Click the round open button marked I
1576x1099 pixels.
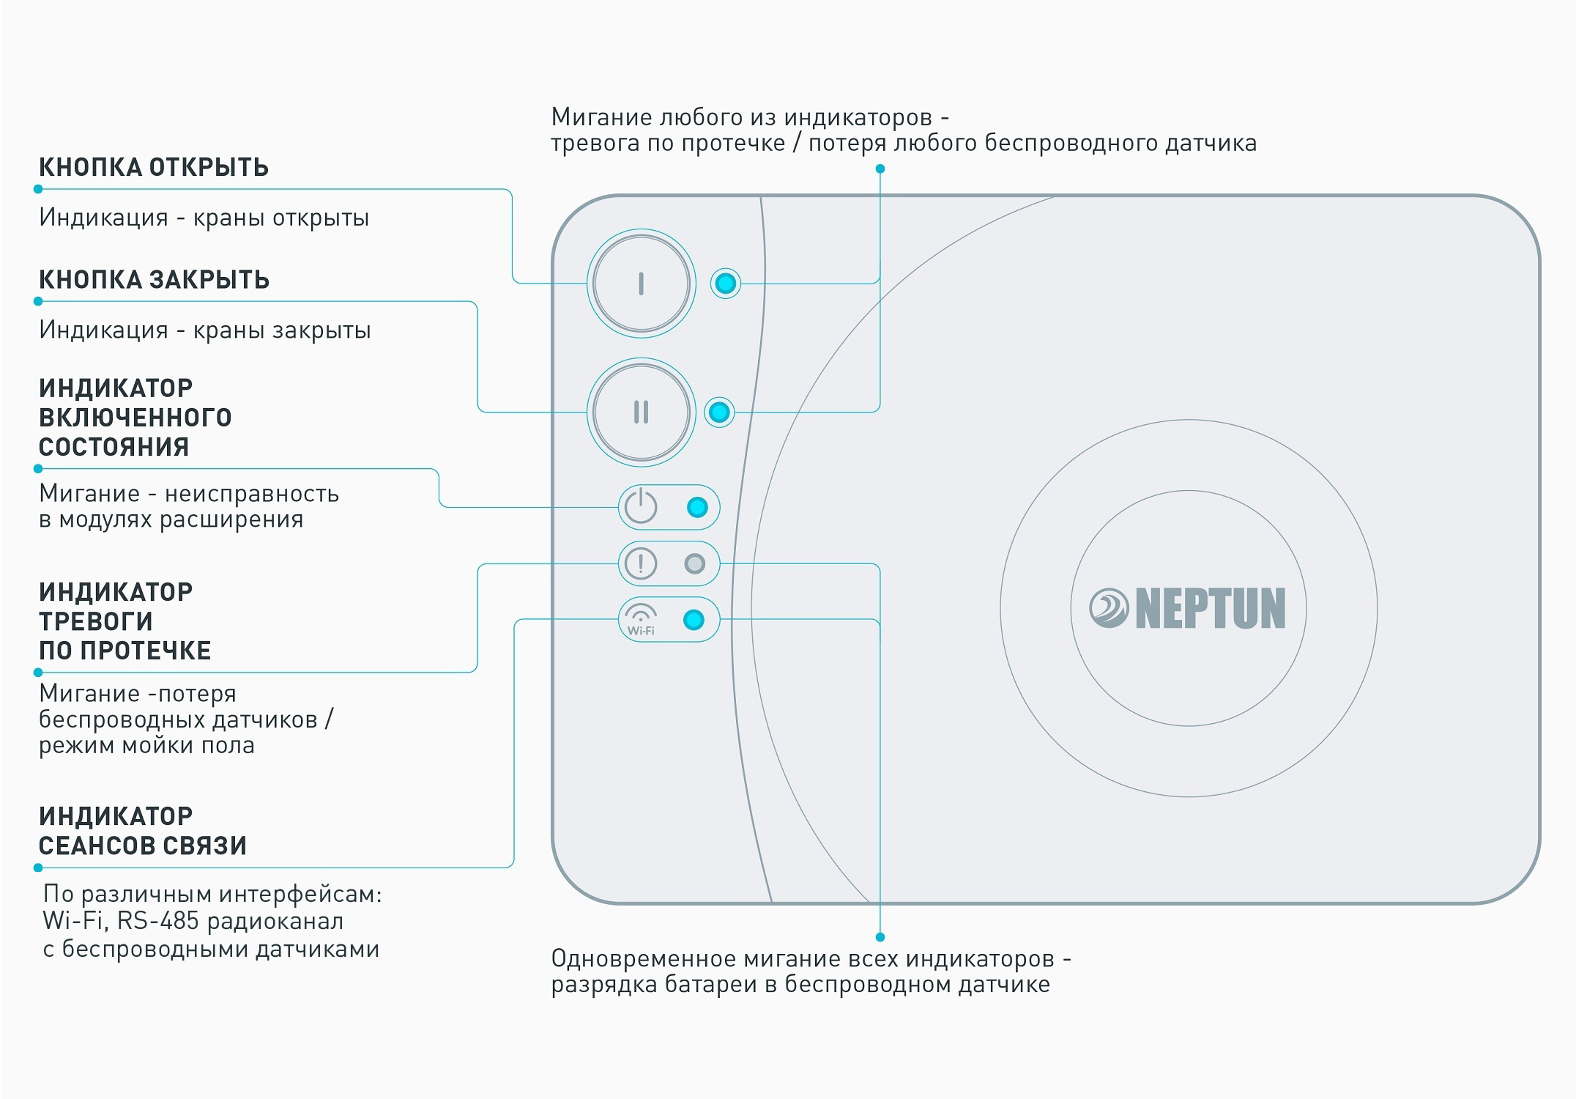tap(641, 284)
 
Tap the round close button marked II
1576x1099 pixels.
tap(641, 412)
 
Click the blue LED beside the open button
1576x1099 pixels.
tap(726, 283)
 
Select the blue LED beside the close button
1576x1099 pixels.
tap(719, 412)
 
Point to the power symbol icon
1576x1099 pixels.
tap(641, 506)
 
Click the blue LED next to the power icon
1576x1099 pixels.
tap(697, 507)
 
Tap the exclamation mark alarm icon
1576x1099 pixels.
tap(641, 563)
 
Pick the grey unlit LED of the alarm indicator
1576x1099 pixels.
tap(694, 563)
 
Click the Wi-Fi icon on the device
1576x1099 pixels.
tap(641, 620)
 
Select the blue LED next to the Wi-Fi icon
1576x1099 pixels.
tap(694, 620)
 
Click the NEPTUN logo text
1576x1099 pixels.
tap(1210, 608)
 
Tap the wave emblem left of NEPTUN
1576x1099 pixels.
tap(1108, 608)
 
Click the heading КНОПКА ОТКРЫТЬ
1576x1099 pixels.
tap(154, 168)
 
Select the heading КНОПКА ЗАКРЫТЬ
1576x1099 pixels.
tap(154, 280)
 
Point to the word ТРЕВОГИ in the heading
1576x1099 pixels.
tap(96, 621)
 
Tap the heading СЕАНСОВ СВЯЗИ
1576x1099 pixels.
tap(143, 845)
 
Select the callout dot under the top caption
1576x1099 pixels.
tap(880, 169)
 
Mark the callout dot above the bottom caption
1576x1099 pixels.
tap(880, 937)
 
